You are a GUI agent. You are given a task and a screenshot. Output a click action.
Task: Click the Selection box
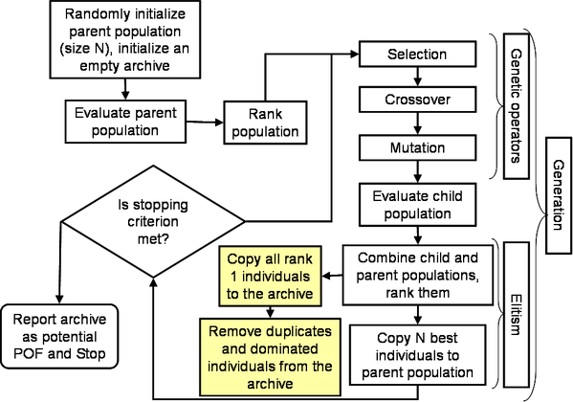click(x=417, y=55)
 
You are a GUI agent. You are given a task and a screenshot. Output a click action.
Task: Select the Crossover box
click(x=417, y=100)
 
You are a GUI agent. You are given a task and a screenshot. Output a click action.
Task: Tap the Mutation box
click(x=417, y=147)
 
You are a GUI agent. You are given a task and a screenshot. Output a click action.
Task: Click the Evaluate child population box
click(x=417, y=205)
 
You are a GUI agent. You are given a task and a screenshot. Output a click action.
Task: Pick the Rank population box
click(x=265, y=123)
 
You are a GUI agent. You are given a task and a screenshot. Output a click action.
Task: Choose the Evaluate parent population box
click(x=125, y=122)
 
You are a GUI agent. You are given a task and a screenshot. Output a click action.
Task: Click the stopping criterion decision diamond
click(x=153, y=221)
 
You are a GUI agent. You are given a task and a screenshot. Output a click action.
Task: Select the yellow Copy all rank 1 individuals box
click(x=270, y=277)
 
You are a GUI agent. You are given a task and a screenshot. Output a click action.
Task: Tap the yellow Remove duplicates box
click(x=270, y=357)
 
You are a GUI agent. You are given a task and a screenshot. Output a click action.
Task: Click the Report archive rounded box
click(x=59, y=336)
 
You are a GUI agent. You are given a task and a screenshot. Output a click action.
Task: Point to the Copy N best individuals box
click(x=417, y=355)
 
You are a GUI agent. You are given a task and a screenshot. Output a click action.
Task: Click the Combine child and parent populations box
click(x=418, y=275)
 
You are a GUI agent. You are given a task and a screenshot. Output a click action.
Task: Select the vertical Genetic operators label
click(x=516, y=106)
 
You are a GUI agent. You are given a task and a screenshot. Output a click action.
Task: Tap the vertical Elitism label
click(x=516, y=315)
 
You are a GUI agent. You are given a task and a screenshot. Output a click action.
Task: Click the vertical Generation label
click(x=559, y=195)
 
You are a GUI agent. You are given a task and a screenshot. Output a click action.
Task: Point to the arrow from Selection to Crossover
click(x=417, y=77)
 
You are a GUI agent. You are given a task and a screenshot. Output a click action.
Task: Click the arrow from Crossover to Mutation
click(x=417, y=123)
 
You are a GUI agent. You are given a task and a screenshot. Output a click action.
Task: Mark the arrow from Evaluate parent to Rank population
click(x=205, y=123)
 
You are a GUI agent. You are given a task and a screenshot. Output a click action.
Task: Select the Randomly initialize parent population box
click(x=125, y=39)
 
